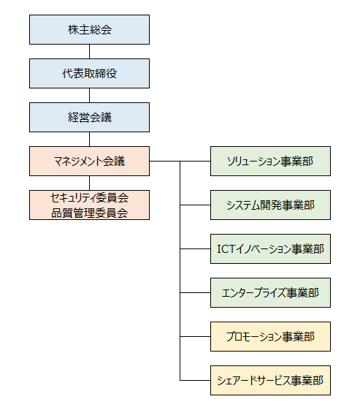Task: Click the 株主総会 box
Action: click(x=89, y=29)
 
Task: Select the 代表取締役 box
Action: click(x=89, y=74)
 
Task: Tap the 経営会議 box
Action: click(x=89, y=117)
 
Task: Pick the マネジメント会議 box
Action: click(x=89, y=161)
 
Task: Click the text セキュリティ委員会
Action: click(x=89, y=198)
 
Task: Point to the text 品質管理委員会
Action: click(x=89, y=213)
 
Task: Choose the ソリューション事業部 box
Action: click(x=270, y=161)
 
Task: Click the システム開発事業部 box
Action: click(x=270, y=205)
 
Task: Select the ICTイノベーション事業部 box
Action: click(x=270, y=249)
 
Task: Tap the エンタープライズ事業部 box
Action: click(x=270, y=292)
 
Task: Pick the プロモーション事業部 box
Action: click(x=270, y=336)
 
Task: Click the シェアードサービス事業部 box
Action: click(x=270, y=381)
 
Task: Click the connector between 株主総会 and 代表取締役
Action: click(x=89, y=51)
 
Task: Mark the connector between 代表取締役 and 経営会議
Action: click(x=89, y=96)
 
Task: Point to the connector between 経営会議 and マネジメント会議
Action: click(x=89, y=139)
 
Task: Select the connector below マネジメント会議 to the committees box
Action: click(x=89, y=183)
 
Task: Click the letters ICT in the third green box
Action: click(x=226, y=249)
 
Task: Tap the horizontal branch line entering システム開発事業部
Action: click(x=195, y=205)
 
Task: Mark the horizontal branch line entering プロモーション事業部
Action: click(x=195, y=336)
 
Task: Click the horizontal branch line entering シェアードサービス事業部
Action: click(x=195, y=380)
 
